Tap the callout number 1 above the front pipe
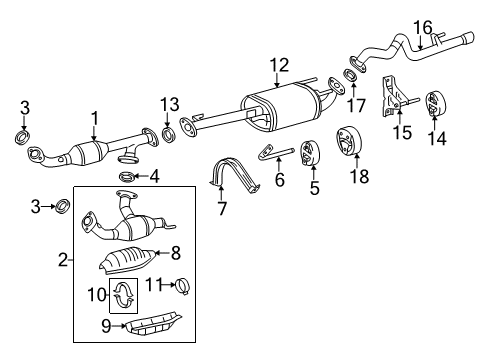(94, 119)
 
